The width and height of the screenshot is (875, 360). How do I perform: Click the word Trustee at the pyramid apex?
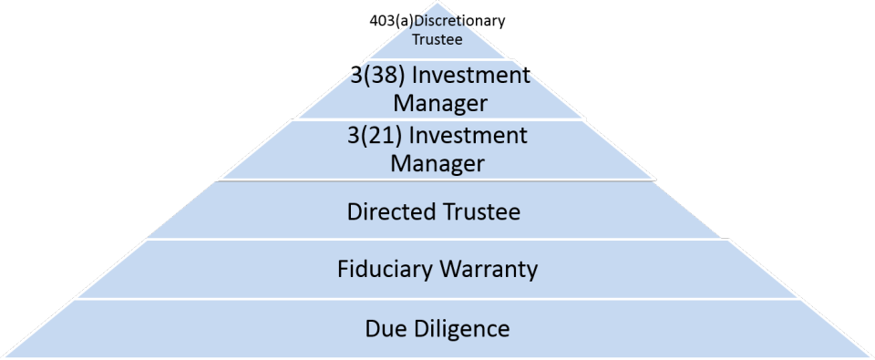point(437,40)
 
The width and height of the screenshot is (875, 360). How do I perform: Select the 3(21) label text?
point(375,136)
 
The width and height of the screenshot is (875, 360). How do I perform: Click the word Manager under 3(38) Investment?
point(439,103)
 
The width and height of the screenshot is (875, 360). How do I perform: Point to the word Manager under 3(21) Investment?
point(437,163)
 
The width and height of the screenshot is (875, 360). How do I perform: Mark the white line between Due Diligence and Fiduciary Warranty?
point(437,299)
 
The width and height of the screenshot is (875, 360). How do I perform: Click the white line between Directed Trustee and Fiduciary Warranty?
point(437,241)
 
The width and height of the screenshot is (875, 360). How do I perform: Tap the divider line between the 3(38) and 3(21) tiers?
point(437,119)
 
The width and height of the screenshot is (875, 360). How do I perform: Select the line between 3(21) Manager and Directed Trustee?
point(437,180)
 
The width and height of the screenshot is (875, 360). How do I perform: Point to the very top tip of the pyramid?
point(437,3)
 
